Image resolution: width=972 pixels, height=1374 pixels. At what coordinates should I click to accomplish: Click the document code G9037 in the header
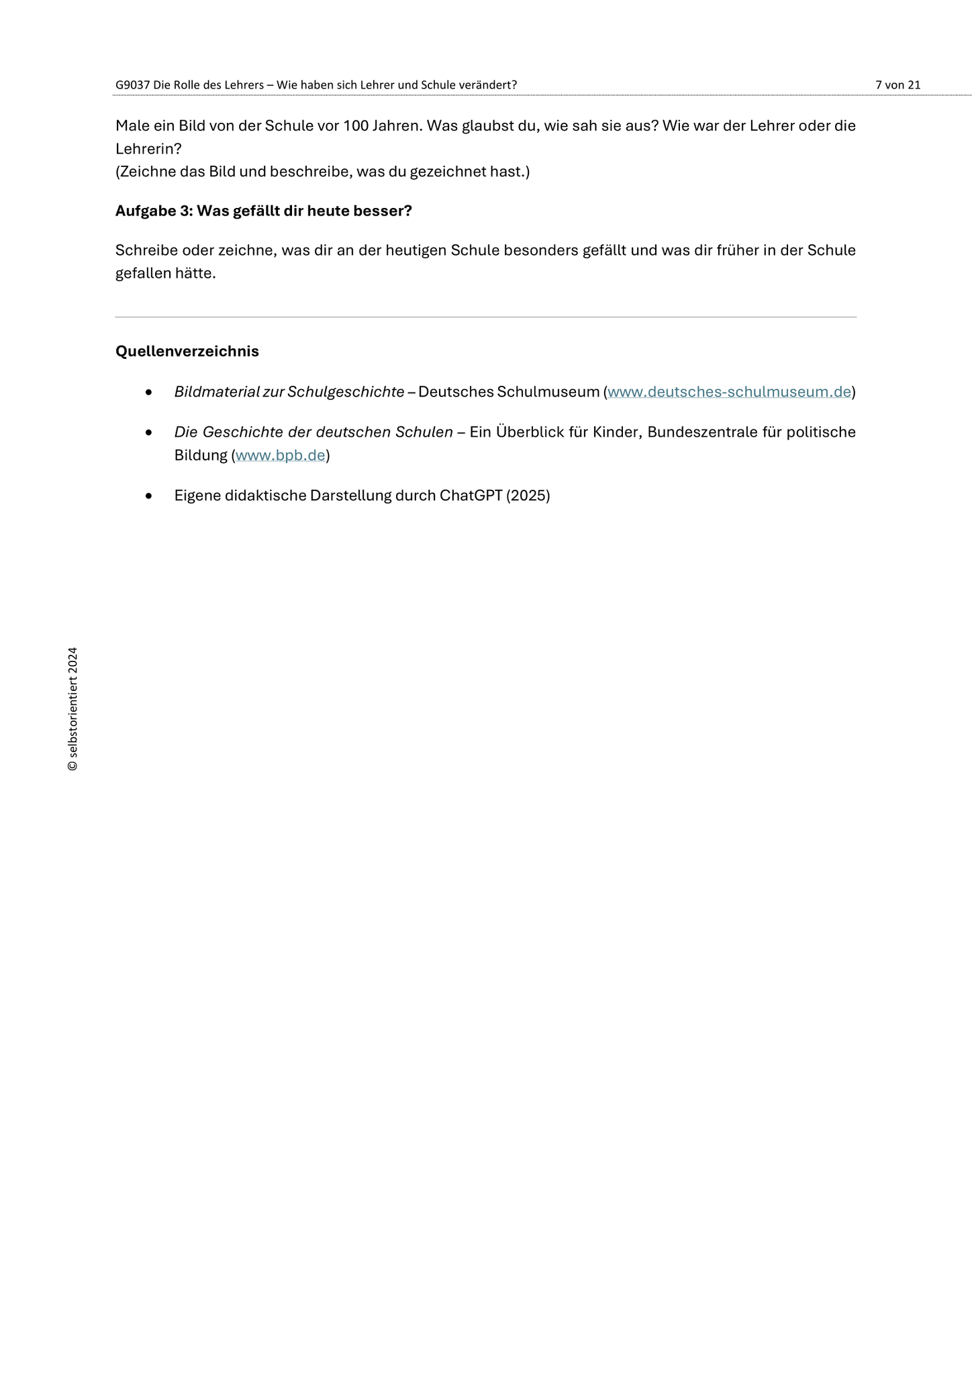132,85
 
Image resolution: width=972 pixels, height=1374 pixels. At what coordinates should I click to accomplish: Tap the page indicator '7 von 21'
897,85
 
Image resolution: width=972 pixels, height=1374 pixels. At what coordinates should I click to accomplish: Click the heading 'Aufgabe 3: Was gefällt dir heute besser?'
263,211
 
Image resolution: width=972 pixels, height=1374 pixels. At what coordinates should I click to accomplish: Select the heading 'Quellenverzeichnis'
187,351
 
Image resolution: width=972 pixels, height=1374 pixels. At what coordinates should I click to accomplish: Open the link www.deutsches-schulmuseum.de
729,392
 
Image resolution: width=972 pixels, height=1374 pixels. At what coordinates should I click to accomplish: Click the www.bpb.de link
280,456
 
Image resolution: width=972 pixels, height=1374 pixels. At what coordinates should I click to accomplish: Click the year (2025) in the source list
528,496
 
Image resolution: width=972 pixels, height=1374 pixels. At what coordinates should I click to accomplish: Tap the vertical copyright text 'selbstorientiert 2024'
72,708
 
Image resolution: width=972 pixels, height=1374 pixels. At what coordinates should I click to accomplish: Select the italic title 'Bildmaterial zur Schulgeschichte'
289,392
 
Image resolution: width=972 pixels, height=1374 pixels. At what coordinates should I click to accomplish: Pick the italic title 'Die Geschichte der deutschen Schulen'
313,432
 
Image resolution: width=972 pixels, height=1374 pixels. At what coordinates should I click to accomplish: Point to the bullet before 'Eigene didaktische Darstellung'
149,496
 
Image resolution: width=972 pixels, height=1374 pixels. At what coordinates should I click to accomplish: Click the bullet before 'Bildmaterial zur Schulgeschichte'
149,392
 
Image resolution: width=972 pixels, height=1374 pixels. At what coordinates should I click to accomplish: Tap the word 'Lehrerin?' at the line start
148,149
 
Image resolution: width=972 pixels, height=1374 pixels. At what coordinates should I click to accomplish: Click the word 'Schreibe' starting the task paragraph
146,250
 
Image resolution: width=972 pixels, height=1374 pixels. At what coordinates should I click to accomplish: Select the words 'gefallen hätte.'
165,274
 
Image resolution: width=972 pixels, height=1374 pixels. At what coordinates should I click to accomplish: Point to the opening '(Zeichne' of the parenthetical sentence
146,172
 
